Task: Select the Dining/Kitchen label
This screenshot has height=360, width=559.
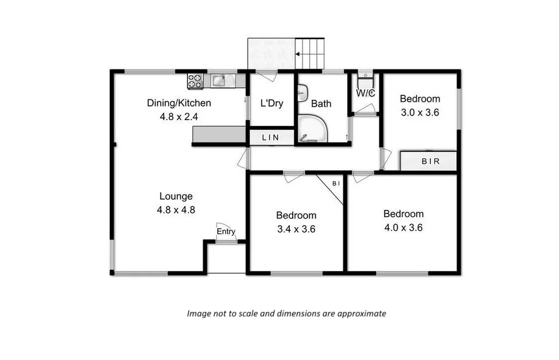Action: (x=179, y=103)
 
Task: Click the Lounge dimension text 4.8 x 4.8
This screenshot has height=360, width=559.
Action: (x=176, y=209)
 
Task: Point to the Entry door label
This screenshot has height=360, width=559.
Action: (x=226, y=232)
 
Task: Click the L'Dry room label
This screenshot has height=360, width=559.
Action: (x=271, y=104)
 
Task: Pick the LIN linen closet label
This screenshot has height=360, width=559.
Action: (x=271, y=138)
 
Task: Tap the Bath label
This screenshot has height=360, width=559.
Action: (x=321, y=104)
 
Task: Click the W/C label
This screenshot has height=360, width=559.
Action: (x=365, y=93)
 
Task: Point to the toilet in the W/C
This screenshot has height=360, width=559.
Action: (x=365, y=80)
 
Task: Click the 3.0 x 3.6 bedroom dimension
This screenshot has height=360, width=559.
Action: (x=419, y=113)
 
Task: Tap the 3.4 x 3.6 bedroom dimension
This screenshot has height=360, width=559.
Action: (x=296, y=229)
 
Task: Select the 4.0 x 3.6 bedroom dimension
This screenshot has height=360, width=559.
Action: (x=403, y=228)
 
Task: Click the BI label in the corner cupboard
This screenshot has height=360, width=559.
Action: (x=336, y=183)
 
